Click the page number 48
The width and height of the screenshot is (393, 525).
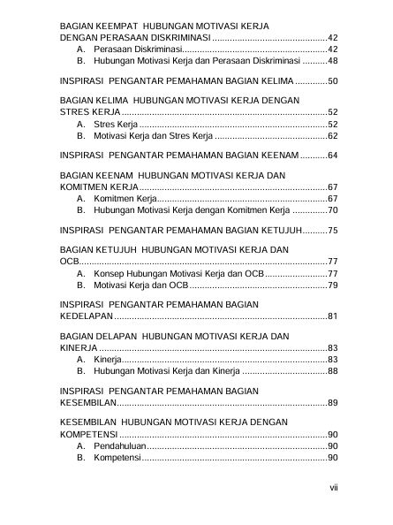332,63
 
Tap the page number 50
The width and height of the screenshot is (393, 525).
332,81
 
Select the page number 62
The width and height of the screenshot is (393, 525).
332,137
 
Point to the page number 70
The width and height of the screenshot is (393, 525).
332,211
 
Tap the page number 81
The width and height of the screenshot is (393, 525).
332,316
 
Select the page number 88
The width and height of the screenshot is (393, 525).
332,371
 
